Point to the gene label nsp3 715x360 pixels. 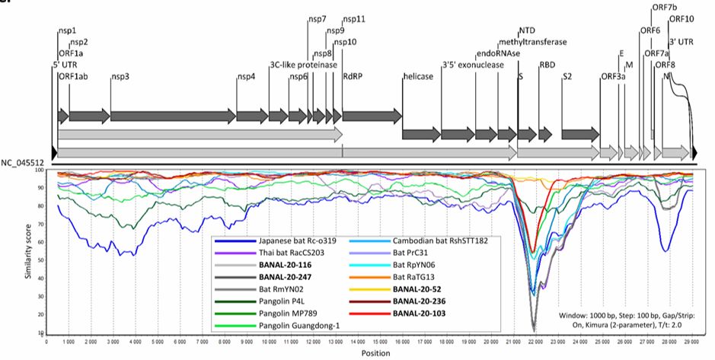[x=121, y=76]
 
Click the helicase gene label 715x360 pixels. [x=418, y=76]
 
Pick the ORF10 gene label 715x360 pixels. [x=681, y=19]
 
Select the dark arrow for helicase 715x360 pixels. [x=421, y=135]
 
